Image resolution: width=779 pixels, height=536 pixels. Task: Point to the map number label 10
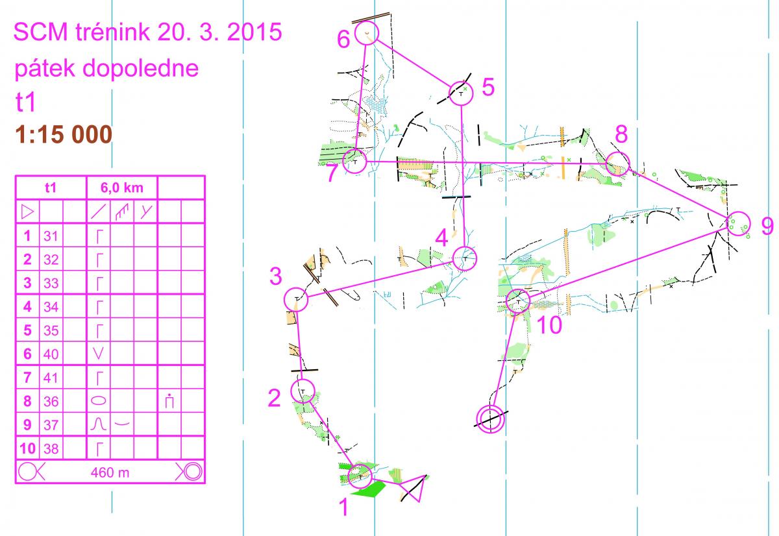549,324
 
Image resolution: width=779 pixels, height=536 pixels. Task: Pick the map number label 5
488,87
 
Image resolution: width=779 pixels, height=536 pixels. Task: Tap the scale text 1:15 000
64,134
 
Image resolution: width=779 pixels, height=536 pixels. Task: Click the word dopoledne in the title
140,69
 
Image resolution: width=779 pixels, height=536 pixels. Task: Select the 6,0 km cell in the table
122,188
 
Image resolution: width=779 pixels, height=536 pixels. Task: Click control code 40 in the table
51,354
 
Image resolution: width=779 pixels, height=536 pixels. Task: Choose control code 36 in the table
51,402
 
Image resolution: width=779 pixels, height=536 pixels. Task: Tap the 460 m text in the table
110,473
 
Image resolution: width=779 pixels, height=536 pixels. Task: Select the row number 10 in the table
27,448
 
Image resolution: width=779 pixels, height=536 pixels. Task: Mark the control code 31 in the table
51,236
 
